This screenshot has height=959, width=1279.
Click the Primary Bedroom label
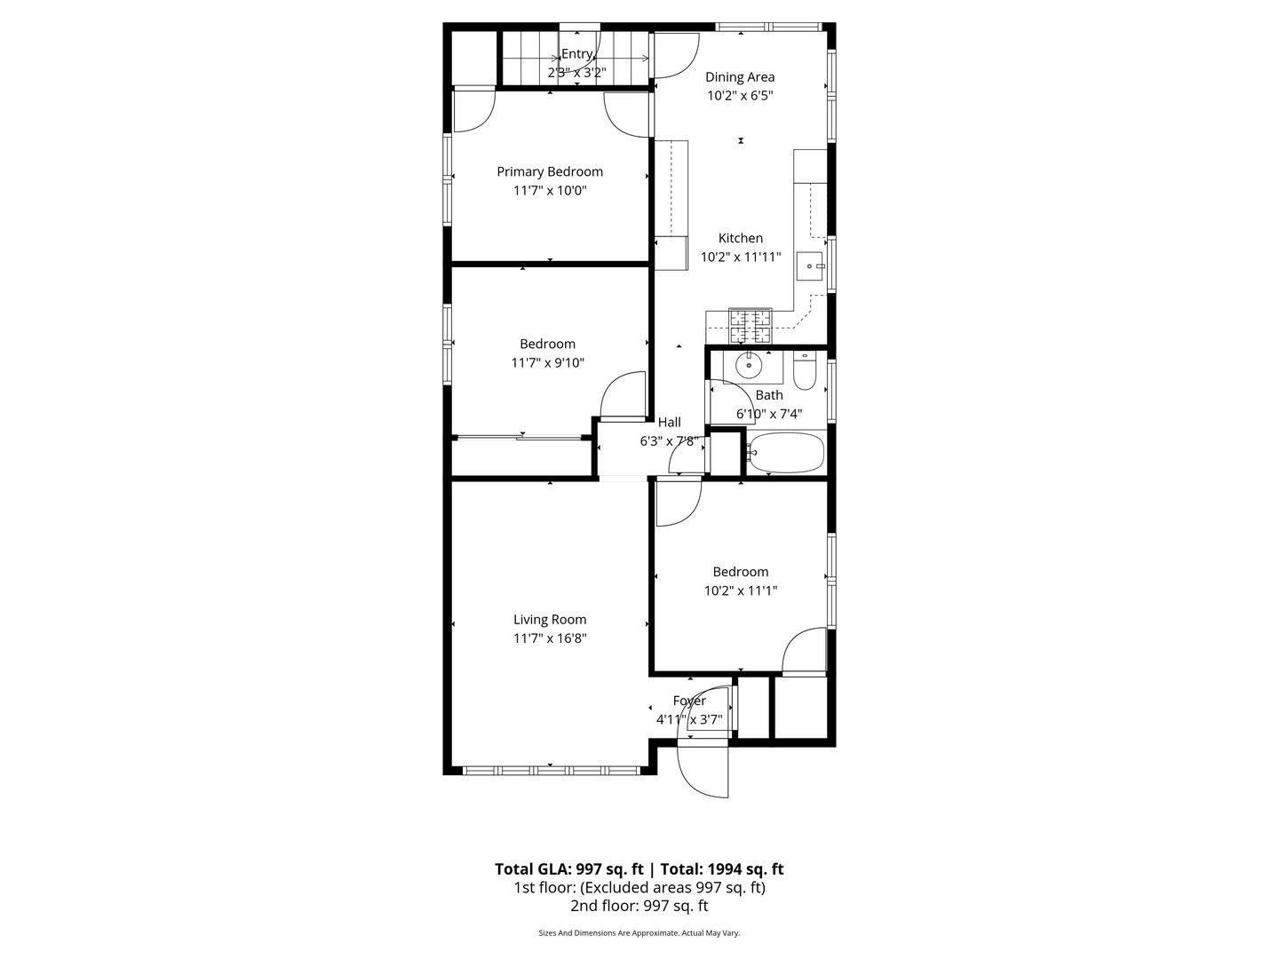click(550, 171)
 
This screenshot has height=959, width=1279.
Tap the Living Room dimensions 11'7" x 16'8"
click(550, 638)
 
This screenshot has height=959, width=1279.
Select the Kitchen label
click(740, 238)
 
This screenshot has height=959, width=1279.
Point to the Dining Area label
click(740, 77)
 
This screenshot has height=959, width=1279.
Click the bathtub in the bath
click(786, 452)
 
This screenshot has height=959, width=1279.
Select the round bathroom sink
click(749, 366)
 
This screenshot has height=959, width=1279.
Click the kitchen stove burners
click(751, 326)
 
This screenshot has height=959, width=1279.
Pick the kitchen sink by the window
click(810, 266)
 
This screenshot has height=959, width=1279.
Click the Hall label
click(669, 422)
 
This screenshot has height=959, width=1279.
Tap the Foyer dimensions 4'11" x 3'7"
click(689, 719)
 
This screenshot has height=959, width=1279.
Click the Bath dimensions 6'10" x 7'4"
click(769, 414)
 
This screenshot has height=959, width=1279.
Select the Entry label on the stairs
click(576, 54)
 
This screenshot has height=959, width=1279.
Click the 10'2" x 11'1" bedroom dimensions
click(741, 590)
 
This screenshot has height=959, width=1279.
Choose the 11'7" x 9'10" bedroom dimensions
click(548, 363)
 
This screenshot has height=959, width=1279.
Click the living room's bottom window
click(552, 771)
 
